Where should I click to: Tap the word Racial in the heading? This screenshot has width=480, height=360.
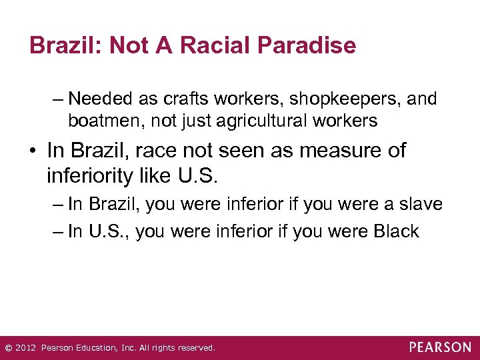(206, 46)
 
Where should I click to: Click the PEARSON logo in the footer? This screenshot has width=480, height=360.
(440, 347)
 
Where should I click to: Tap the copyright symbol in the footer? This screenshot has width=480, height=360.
(8, 348)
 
